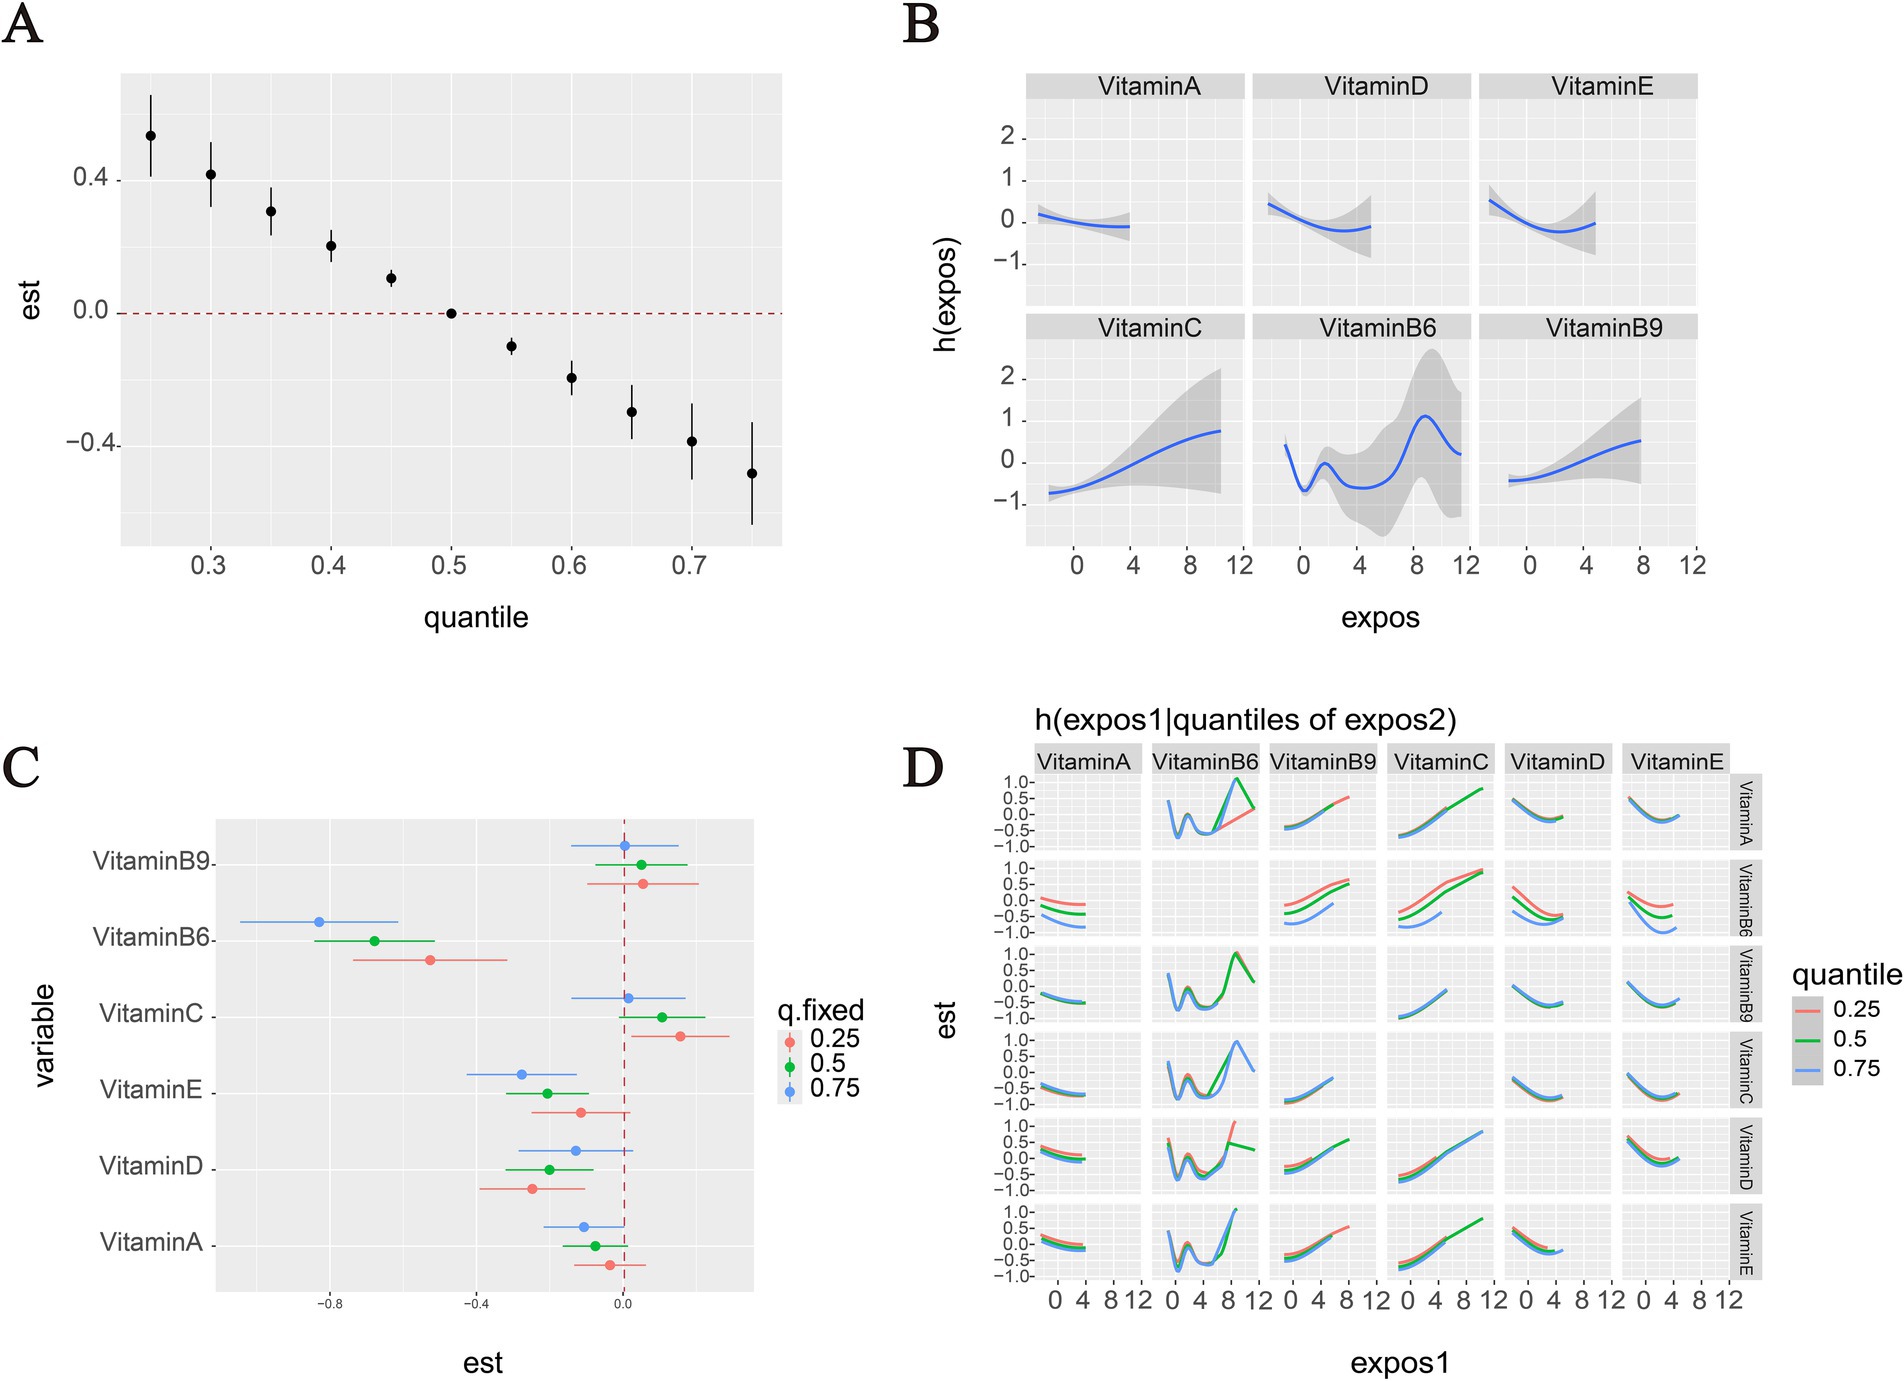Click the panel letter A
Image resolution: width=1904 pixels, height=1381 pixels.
point(22,24)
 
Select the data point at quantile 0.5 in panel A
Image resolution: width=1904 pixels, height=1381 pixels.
point(451,313)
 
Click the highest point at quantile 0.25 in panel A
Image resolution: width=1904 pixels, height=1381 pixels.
point(151,136)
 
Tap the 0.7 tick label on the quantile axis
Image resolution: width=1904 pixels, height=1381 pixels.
point(689,566)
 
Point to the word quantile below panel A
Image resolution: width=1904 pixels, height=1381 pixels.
point(475,617)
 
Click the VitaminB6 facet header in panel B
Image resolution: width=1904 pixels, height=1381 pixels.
point(1376,328)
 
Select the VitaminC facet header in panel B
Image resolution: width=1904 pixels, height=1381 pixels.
point(1149,328)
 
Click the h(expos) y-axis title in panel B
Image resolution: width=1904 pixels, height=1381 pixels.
point(945,295)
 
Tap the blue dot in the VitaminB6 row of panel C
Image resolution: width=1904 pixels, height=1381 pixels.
point(319,922)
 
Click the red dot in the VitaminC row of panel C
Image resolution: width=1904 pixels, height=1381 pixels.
point(680,1036)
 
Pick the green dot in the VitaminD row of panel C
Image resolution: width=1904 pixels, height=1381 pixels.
point(549,1169)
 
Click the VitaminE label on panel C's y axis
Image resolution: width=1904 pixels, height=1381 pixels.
point(151,1090)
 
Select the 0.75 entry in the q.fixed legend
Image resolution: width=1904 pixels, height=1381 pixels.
point(834,1089)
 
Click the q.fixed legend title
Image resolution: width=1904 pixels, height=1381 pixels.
point(820,1011)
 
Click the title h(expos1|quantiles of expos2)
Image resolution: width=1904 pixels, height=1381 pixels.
point(1245,720)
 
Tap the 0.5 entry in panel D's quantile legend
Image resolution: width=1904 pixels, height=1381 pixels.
point(1849,1039)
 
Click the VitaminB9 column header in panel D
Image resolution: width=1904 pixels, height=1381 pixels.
point(1322,762)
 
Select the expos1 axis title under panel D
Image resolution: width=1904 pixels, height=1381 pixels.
point(1399,1363)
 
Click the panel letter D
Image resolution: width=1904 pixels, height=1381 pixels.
point(922,768)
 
